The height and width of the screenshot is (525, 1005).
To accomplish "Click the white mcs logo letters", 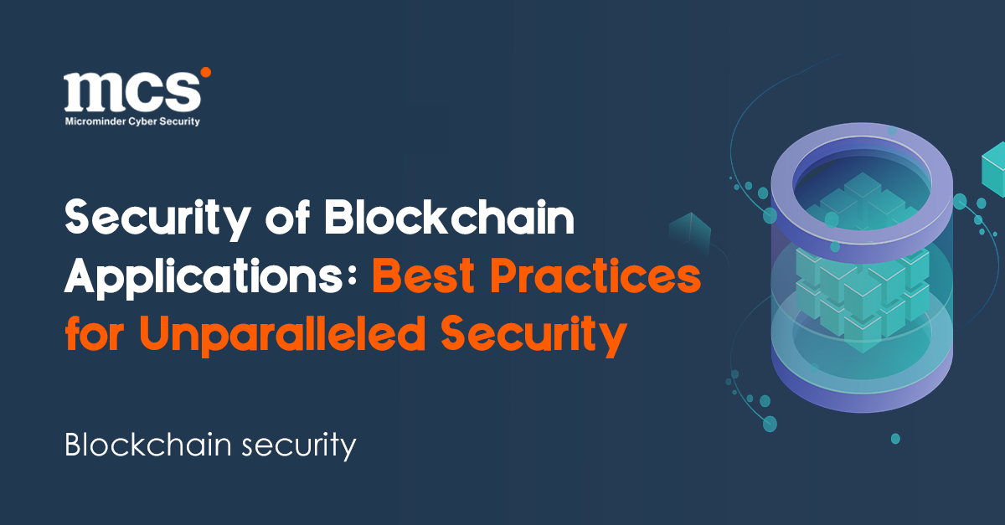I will tap(131, 92).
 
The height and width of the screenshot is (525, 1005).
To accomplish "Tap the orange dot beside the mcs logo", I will tap(206, 73).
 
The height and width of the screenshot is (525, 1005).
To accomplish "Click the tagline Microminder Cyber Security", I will tap(132, 121).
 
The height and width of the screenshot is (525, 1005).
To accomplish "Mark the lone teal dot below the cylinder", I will tap(895, 438).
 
